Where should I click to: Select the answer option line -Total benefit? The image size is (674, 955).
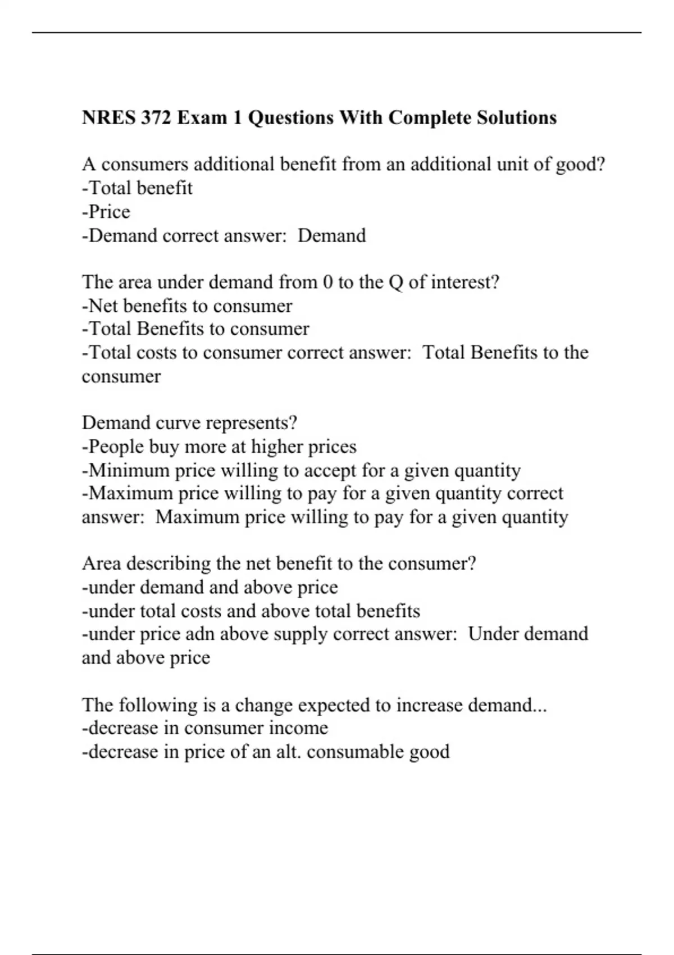click(x=137, y=188)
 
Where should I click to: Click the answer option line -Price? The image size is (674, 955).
click(x=106, y=212)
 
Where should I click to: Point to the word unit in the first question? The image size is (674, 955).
click(x=514, y=165)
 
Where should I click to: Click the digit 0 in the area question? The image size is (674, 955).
click(x=328, y=282)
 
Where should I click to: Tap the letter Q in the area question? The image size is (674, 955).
click(x=395, y=282)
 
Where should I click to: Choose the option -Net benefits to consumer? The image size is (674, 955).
click(x=187, y=306)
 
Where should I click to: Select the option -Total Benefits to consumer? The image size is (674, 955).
click(x=195, y=329)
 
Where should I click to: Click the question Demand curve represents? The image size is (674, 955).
click(x=189, y=423)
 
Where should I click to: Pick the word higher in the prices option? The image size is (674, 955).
click(x=279, y=447)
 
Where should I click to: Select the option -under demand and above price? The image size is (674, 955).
click(x=210, y=588)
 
